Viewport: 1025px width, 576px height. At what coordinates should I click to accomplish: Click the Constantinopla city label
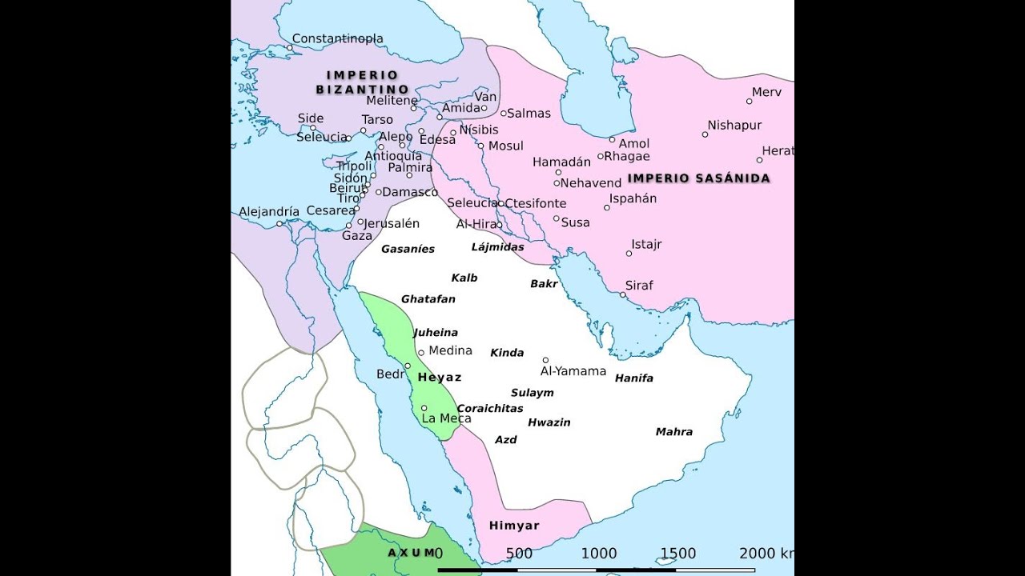(337, 38)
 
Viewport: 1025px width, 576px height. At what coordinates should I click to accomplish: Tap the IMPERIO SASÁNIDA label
(698, 178)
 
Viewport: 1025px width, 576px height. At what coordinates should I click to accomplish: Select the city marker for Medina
(421, 353)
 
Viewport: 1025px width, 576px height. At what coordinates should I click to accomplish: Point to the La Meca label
(446, 418)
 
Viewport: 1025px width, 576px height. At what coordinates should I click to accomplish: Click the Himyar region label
(514, 526)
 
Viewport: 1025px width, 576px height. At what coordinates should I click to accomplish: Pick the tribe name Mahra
(674, 432)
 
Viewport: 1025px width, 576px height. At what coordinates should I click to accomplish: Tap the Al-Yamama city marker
(545, 360)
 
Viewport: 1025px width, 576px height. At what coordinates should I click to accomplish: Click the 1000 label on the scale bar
(598, 554)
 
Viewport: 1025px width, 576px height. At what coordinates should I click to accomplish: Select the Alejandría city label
(269, 212)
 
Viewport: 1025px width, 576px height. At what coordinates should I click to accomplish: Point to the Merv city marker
(750, 102)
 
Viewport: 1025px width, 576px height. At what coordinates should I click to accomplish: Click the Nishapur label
(734, 126)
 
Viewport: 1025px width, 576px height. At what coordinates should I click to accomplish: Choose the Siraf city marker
(623, 294)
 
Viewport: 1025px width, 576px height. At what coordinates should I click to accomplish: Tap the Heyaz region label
(440, 378)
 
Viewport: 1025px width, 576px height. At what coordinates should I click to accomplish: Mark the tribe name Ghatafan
(428, 299)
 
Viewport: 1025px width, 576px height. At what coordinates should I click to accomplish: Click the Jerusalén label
(392, 224)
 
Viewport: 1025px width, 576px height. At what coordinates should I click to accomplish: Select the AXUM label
(411, 553)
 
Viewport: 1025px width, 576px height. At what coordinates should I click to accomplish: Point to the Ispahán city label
(633, 199)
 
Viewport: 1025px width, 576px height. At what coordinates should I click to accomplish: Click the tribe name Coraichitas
(490, 409)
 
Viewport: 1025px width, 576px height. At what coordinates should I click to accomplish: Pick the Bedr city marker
(408, 366)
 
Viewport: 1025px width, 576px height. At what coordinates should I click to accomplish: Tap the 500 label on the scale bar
(519, 554)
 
